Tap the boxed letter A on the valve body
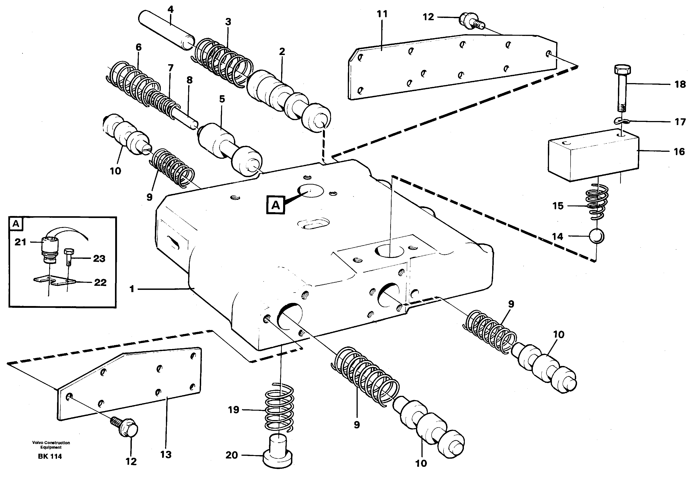click(276, 205)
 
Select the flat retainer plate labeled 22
click(54, 281)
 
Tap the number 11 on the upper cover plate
click(382, 14)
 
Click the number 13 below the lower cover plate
click(166, 454)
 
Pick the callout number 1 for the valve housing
click(132, 289)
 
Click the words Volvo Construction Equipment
click(51, 445)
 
